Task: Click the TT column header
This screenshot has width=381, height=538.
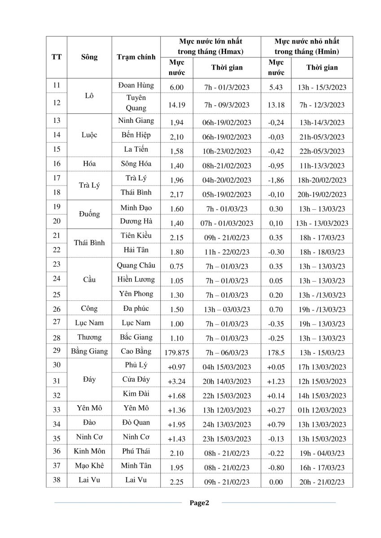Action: [57, 57]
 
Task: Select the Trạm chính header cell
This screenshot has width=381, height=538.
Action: [136, 57]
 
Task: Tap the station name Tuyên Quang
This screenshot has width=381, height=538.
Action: [136, 103]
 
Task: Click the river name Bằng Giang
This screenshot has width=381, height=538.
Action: [89, 351]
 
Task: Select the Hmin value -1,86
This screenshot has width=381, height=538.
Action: [276, 180]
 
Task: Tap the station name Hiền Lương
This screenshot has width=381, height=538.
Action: [136, 279]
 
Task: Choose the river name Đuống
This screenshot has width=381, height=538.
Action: [89, 214]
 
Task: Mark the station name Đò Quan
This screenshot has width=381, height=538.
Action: [136, 422]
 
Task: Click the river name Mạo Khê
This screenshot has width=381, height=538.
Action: [89, 465]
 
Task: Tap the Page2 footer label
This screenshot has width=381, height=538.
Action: [199, 503]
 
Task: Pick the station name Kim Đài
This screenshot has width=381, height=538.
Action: [136, 394]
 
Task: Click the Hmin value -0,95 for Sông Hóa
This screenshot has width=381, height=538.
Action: [276, 166]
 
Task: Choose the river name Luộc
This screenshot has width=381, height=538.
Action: [89, 135]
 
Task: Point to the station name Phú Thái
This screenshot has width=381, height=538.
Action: [136, 451]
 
